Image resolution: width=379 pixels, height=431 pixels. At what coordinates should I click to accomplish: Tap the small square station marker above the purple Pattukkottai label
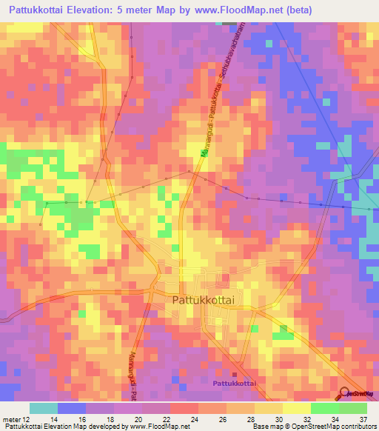click(x=234, y=374)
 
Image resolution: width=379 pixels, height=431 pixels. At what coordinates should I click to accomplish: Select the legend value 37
click(x=361, y=419)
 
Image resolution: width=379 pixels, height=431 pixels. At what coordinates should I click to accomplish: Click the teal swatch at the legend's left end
click(x=44, y=408)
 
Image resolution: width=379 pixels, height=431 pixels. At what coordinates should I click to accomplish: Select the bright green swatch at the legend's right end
click(x=353, y=408)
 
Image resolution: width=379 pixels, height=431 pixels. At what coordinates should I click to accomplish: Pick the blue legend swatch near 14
click(x=72, y=408)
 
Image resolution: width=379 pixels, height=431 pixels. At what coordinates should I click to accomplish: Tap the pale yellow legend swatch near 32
click(x=297, y=408)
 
